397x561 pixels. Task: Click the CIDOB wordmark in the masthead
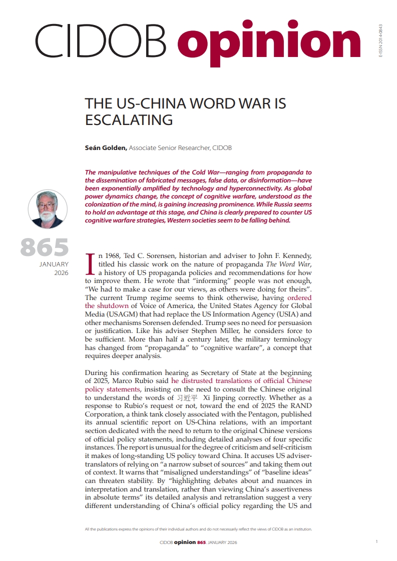(100, 41)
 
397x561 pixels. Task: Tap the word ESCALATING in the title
(129, 120)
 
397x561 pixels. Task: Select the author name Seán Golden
(106, 148)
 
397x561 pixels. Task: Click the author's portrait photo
(48, 209)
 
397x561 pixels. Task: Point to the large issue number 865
(44, 247)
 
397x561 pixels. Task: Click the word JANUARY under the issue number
(54, 264)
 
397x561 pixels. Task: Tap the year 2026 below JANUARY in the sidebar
(61, 273)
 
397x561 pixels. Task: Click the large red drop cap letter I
(91, 263)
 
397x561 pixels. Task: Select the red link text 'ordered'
(299, 297)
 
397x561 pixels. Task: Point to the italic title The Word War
(288, 264)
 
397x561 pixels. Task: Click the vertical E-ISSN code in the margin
(380, 42)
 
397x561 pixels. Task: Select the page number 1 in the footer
(376, 541)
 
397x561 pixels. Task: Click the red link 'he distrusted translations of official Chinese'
(241, 380)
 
